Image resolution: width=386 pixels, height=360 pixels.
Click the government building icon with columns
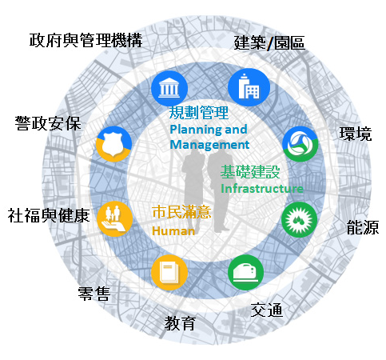(x=169, y=88)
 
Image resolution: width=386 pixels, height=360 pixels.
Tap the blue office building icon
(x=249, y=87)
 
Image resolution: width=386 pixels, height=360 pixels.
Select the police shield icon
(x=113, y=144)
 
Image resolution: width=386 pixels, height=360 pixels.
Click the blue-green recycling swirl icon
(x=300, y=144)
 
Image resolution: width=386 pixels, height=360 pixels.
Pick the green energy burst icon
(x=300, y=220)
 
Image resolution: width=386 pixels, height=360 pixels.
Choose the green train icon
(x=246, y=273)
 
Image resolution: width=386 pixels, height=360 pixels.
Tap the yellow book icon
(x=169, y=273)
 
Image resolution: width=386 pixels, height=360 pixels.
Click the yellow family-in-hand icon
(x=115, y=219)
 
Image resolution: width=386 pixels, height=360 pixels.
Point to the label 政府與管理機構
(x=86, y=41)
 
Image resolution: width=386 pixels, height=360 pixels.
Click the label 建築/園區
(x=269, y=43)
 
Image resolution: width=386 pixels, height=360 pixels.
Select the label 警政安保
(x=48, y=124)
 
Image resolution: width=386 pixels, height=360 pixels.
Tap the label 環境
(x=356, y=134)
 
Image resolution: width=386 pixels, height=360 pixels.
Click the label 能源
(x=363, y=227)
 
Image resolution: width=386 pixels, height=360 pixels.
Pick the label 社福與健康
(x=49, y=215)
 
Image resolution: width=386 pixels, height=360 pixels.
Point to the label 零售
(x=94, y=294)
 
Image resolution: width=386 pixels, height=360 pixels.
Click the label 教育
(x=180, y=323)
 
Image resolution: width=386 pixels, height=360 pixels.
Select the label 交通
(x=267, y=310)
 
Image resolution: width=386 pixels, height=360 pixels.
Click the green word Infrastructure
(x=262, y=189)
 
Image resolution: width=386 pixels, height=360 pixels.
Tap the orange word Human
(x=173, y=231)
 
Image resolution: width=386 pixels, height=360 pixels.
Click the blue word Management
(x=209, y=145)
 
